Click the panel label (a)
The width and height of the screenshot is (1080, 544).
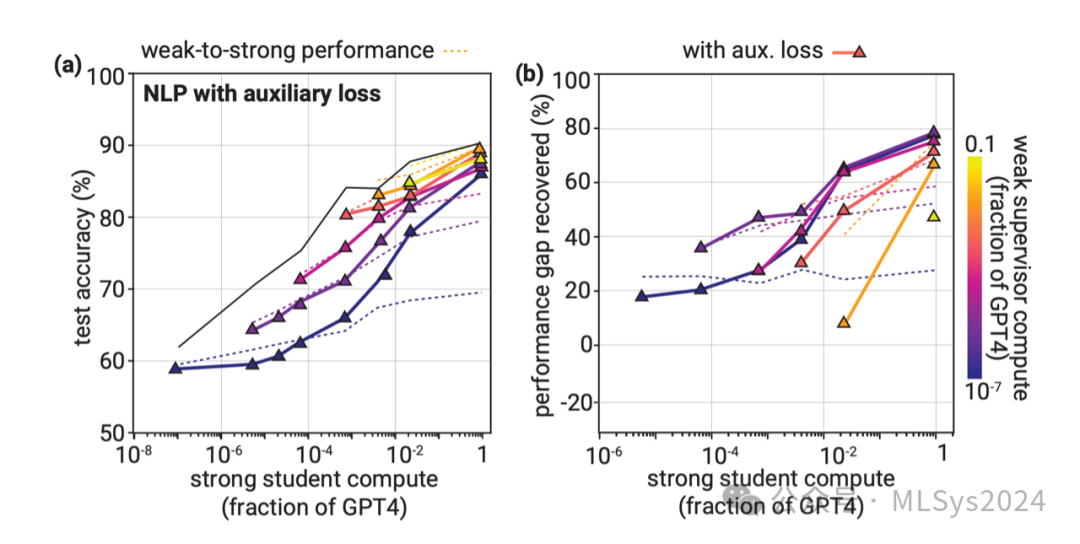pyautogui.click(x=68, y=67)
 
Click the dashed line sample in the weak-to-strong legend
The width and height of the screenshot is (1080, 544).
pyautogui.click(x=455, y=49)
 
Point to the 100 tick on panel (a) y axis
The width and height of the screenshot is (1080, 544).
pyautogui.click(x=108, y=74)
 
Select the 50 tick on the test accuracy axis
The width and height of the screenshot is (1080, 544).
pyautogui.click(x=112, y=433)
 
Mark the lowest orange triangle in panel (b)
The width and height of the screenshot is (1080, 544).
pyautogui.click(x=844, y=322)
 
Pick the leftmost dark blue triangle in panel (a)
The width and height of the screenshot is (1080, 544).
pyautogui.click(x=176, y=368)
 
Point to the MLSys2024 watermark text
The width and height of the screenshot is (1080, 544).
pyautogui.click(x=968, y=500)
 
